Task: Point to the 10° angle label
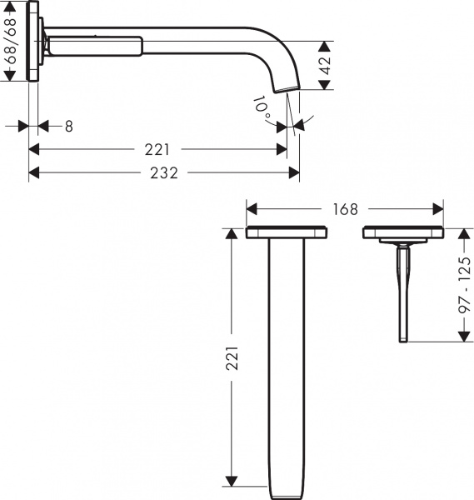coord(263,108)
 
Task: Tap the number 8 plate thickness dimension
coord(68,126)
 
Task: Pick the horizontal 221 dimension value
coord(157,150)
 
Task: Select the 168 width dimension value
coord(344,208)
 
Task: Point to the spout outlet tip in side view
coord(287,90)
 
